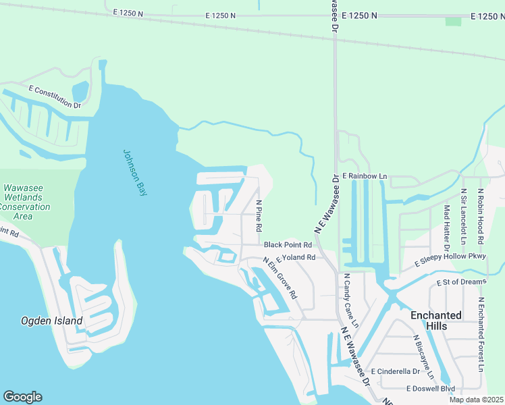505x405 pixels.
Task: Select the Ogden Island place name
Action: [52, 321]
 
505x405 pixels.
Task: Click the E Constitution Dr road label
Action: [55, 97]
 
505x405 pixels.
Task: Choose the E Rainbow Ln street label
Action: [365, 176]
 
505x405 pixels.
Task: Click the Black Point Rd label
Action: [288, 245]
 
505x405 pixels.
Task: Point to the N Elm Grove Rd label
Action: [280, 277]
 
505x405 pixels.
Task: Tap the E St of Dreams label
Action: [462, 281]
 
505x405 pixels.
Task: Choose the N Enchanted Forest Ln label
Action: [481, 334]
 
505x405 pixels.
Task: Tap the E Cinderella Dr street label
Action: [395, 371]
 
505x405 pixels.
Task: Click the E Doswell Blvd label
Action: [430, 388]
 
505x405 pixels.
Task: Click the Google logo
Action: [22, 397]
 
